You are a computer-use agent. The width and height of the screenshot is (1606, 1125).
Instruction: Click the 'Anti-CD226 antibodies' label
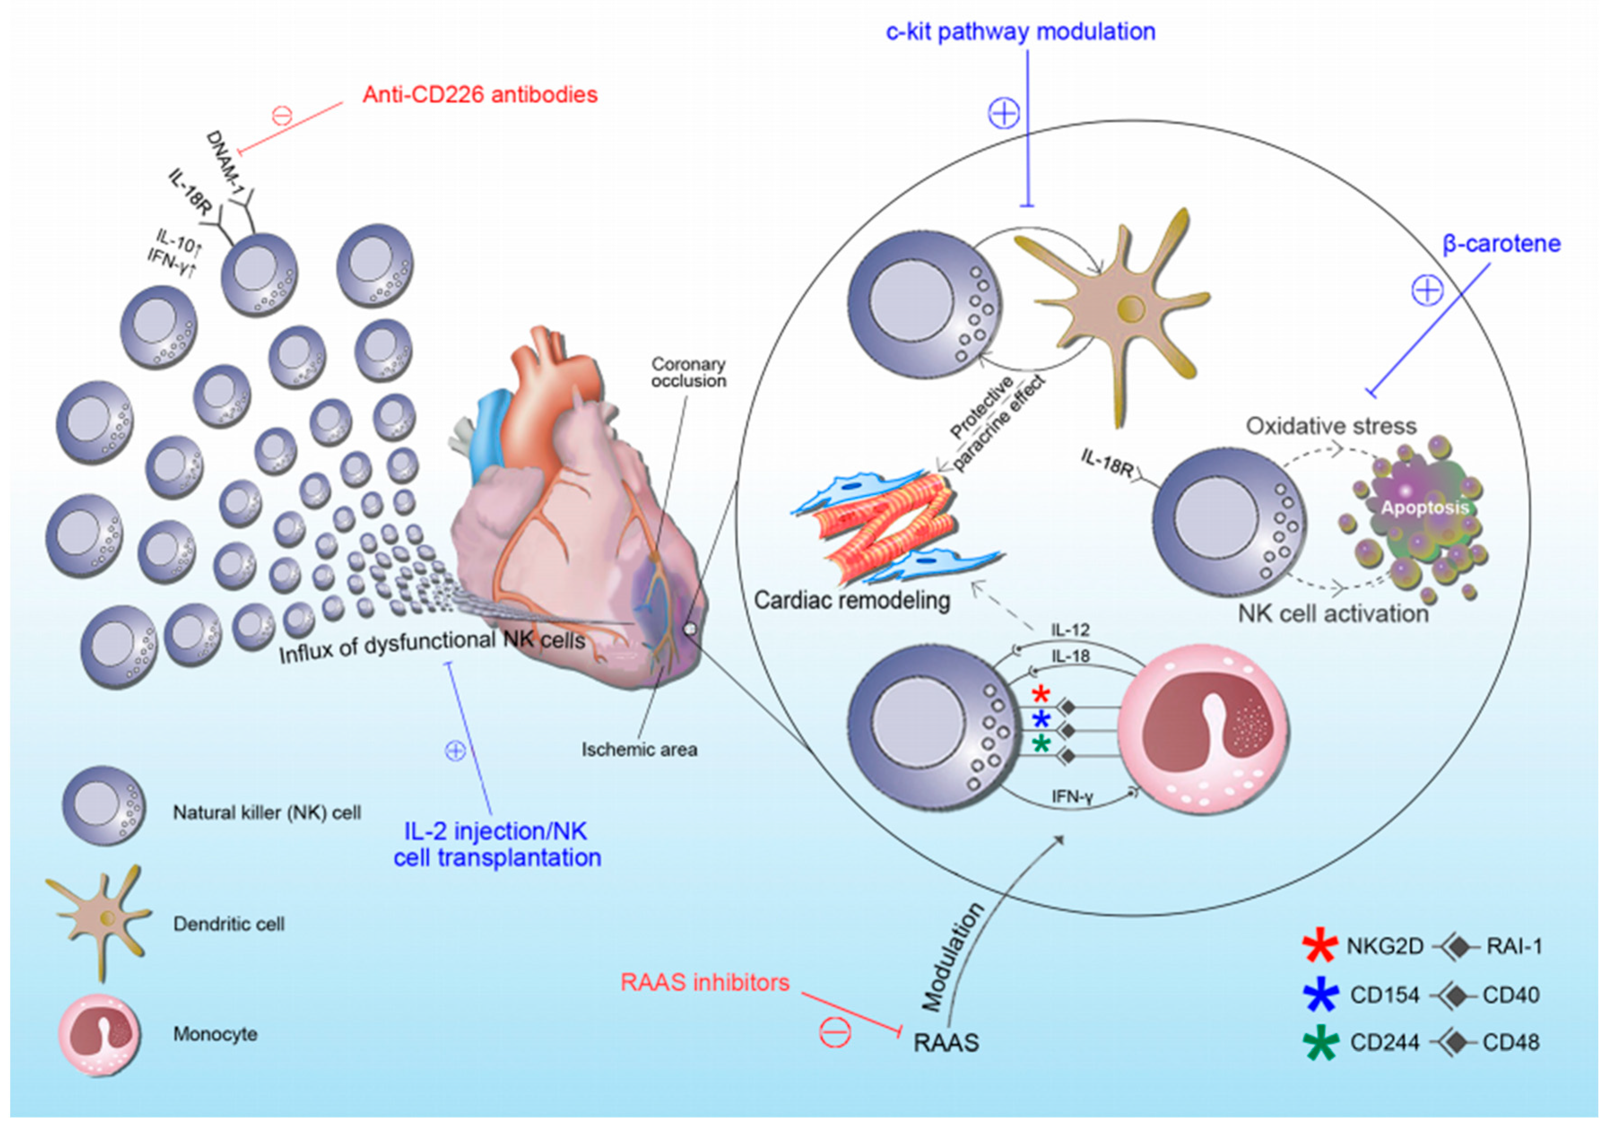click(x=480, y=95)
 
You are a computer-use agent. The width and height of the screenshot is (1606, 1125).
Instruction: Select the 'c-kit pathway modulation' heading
click(x=1020, y=31)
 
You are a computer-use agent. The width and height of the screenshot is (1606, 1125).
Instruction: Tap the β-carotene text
click(x=1501, y=243)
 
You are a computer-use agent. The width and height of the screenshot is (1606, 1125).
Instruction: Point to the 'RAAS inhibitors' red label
click(x=704, y=982)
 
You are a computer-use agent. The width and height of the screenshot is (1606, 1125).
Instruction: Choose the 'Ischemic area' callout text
click(x=639, y=749)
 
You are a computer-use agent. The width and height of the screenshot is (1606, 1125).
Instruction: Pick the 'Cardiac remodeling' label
click(x=852, y=600)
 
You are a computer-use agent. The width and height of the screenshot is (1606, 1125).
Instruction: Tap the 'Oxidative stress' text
click(x=1331, y=426)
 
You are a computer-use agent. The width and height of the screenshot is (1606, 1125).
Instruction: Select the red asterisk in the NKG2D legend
click(x=1320, y=946)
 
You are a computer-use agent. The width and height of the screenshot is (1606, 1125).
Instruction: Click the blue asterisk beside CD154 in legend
click(x=1320, y=994)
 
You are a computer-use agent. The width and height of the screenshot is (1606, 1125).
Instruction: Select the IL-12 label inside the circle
click(x=1070, y=630)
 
